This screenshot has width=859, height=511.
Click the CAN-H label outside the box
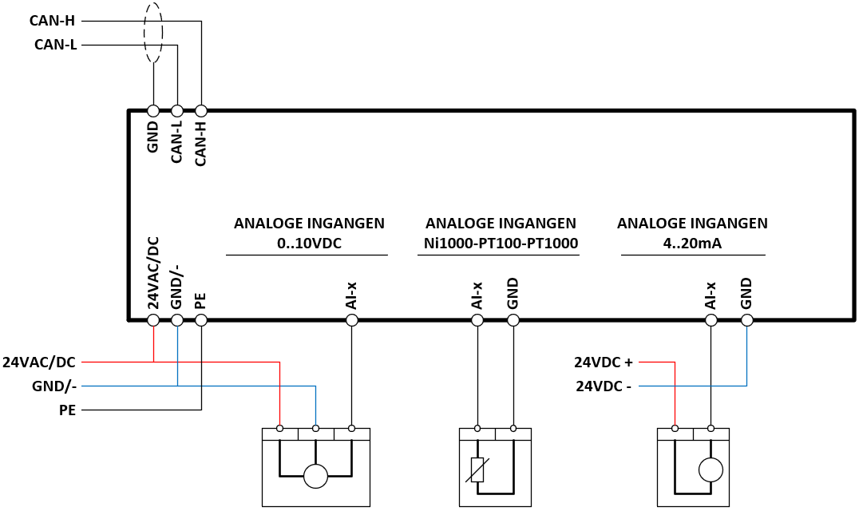(x=52, y=21)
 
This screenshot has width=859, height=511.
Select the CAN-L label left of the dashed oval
(x=55, y=45)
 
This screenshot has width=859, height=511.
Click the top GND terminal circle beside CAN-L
(x=153, y=111)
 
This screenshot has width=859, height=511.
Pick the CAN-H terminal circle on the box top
(x=201, y=111)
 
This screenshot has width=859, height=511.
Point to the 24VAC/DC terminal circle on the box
(x=153, y=320)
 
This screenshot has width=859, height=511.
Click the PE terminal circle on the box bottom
(x=201, y=320)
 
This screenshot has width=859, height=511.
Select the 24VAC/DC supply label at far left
(x=39, y=362)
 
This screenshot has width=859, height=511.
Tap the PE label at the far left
(x=67, y=410)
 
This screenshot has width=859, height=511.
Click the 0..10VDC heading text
(x=309, y=244)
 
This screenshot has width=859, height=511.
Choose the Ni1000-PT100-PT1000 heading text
(x=501, y=244)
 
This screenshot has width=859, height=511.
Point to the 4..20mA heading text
(x=692, y=244)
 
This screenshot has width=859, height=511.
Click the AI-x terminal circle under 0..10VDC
(x=352, y=320)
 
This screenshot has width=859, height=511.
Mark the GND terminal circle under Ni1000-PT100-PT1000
(x=513, y=320)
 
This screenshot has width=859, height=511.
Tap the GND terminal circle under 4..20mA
(x=746, y=320)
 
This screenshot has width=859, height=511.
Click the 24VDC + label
(x=604, y=362)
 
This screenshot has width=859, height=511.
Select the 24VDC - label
(x=604, y=386)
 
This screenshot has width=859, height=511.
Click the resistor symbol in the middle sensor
(x=477, y=469)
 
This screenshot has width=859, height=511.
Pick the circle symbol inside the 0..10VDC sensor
(x=315, y=475)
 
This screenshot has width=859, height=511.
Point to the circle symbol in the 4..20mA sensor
(x=711, y=470)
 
